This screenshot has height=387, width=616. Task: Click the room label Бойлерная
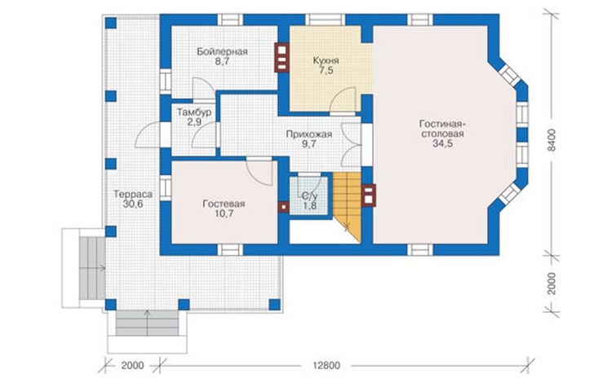click(222, 51)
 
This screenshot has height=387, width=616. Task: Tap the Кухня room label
click(326, 60)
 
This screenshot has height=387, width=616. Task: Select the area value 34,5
click(442, 143)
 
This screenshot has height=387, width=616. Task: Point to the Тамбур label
click(194, 112)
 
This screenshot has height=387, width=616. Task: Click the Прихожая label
click(308, 134)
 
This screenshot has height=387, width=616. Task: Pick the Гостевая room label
click(224, 204)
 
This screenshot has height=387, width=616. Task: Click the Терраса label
click(133, 194)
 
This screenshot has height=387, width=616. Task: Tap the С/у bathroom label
click(309, 196)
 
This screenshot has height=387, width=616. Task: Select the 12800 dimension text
click(326, 366)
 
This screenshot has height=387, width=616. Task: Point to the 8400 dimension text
click(552, 140)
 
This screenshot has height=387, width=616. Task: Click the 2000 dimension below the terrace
click(132, 366)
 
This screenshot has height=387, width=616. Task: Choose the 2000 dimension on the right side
click(552, 284)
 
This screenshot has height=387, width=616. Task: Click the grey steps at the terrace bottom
click(148, 323)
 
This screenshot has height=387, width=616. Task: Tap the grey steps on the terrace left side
click(93, 268)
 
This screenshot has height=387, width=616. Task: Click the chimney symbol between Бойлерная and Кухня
click(281, 57)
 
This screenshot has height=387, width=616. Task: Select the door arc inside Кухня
click(343, 99)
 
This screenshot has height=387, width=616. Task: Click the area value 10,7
click(224, 214)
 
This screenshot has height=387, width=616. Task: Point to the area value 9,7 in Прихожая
click(308, 144)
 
